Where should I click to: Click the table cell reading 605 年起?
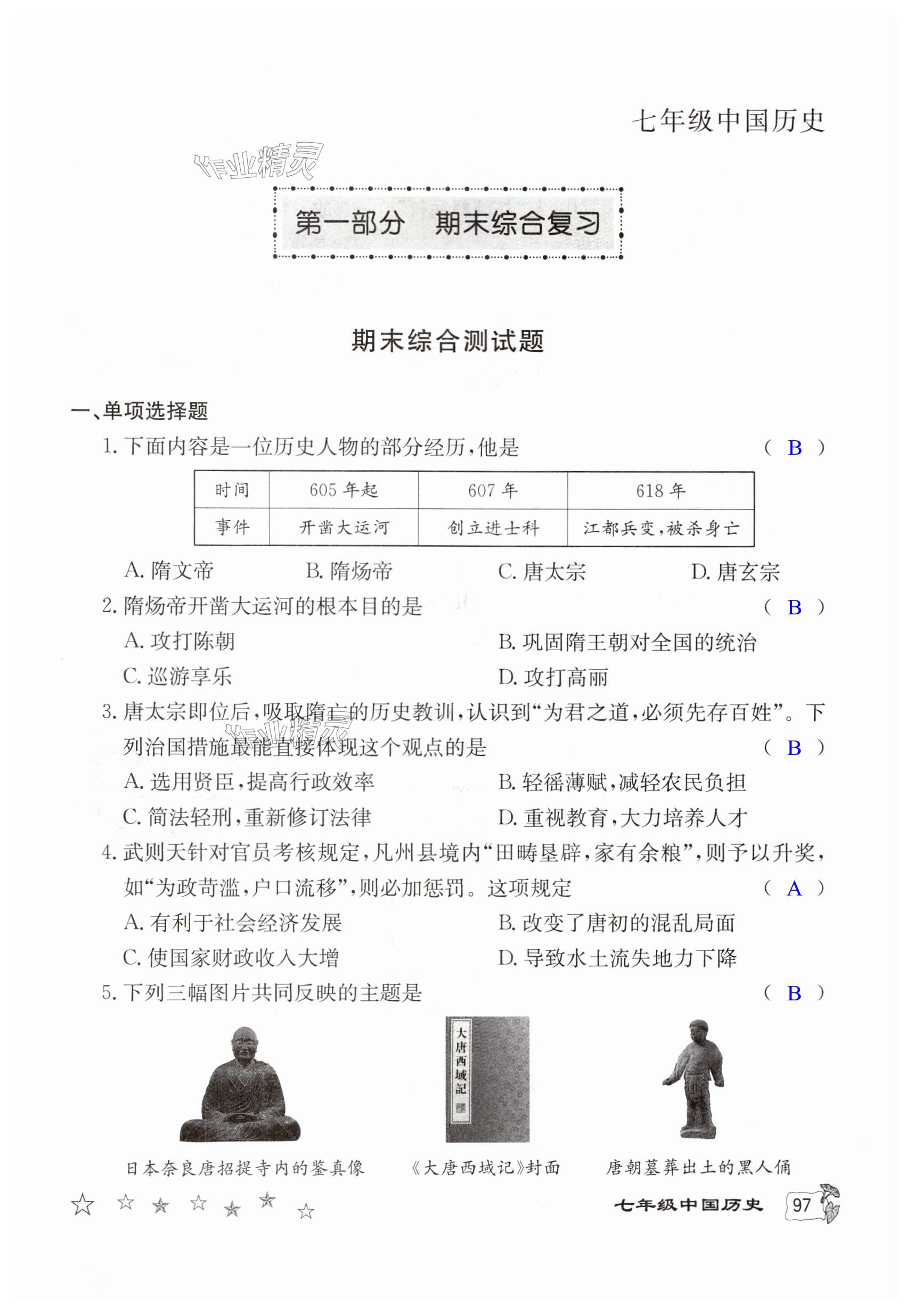pyautogui.click(x=343, y=490)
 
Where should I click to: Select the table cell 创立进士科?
pyautogui.click(x=493, y=528)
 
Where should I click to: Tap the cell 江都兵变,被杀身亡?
pyautogui.click(x=661, y=528)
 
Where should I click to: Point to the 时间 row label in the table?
pyautogui.click(x=232, y=490)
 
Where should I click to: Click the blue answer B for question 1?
pyautogui.click(x=794, y=448)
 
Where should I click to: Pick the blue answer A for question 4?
pyautogui.click(x=794, y=889)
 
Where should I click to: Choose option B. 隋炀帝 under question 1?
pyautogui.click(x=349, y=571)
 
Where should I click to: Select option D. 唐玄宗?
pyautogui.click(x=735, y=572)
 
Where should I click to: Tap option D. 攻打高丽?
pyautogui.click(x=552, y=678)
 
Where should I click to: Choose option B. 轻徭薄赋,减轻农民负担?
pyautogui.click(x=622, y=782)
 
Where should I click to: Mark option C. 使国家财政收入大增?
pyautogui.click(x=231, y=958)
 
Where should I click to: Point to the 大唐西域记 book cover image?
pyautogui.click(x=487, y=1080)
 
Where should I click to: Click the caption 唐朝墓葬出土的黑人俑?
pyautogui.click(x=698, y=1167)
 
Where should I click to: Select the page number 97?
pyautogui.click(x=801, y=1205)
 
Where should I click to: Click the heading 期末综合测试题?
pyautogui.click(x=447, y=341)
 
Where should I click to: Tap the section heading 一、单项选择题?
pyautogui.click(x=139, y=410)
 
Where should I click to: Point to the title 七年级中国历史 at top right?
pyautogui.click(x=728, y=121)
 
